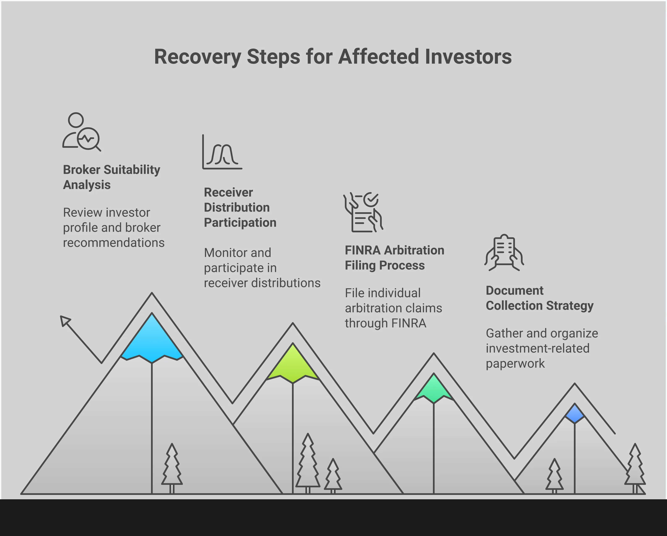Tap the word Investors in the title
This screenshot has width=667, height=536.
[x=468, y=57]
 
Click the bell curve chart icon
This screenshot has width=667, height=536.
[x=222, y=152]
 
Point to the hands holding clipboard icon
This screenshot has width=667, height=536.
[x=504, y=252]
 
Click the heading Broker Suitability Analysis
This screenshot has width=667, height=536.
[x=112, y=177]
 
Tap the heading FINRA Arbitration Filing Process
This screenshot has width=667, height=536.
[x=395, y=258]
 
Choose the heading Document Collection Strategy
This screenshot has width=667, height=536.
[x=539, y=298]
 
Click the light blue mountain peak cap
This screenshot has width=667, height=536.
[x=152, y=339]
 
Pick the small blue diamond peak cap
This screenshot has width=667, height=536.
[x=575, y=413]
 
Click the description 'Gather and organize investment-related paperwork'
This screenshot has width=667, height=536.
[x=542, y=348]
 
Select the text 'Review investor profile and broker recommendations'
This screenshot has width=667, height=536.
[x=113, y=228]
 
